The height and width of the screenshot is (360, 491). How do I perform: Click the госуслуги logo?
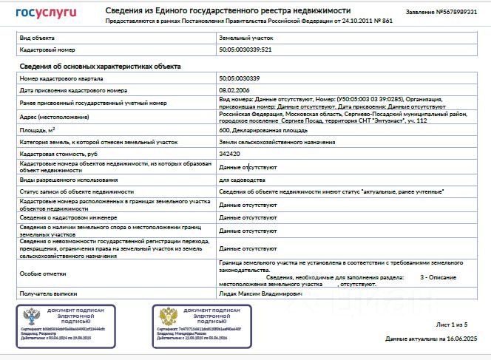(46, 13)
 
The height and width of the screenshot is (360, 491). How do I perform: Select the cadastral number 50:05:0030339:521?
(245, 50)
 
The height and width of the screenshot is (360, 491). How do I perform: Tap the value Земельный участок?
(241, 36)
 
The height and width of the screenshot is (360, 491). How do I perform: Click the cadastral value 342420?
(230, 154)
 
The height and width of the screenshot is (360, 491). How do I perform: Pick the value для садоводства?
(242, 180)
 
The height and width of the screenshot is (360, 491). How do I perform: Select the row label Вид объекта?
(35, 36)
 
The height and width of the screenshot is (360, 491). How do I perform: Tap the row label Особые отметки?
(38, 274)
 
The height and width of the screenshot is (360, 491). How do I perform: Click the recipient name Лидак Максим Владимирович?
(261, 293)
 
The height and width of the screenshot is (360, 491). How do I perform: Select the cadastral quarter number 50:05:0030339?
(240, 78)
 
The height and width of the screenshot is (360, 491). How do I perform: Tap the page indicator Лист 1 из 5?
(452, 324)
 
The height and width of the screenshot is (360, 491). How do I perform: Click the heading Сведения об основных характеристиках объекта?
(100, 67)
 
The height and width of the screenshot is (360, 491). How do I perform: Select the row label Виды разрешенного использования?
(68, 180)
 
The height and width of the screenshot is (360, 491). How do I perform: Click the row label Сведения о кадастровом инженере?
(68, 217)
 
